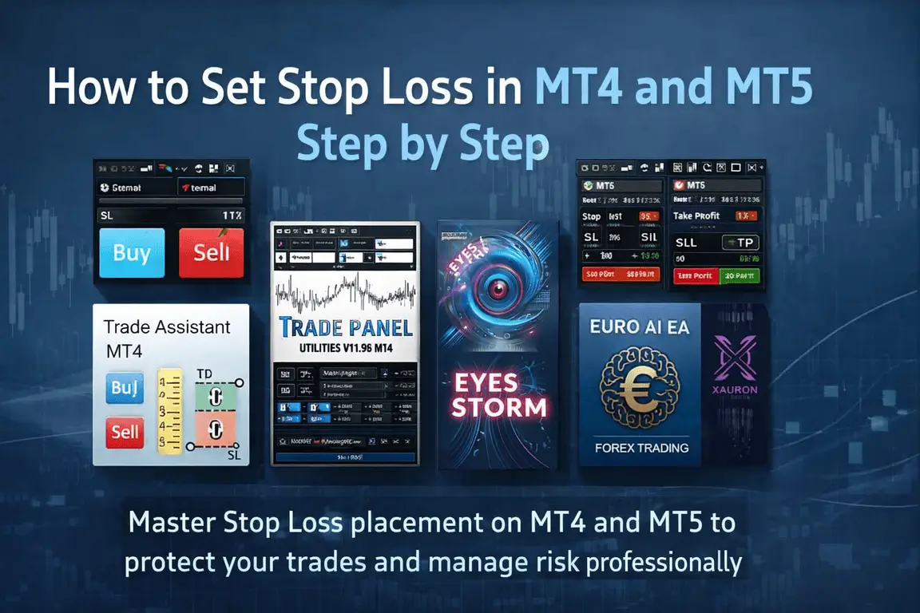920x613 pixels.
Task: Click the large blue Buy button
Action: point(132,253)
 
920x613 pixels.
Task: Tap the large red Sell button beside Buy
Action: point(211,253)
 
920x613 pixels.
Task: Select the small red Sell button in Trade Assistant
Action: point(125,432)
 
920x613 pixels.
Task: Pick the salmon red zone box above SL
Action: point(213,429)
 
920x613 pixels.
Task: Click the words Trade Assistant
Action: point(167,326)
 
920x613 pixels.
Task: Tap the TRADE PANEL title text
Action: point(346,328)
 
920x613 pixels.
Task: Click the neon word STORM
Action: point(501,406)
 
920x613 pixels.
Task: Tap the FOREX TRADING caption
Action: point(641,448)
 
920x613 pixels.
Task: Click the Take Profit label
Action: point(696,216)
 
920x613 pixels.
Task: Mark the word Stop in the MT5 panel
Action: point(592,216)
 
